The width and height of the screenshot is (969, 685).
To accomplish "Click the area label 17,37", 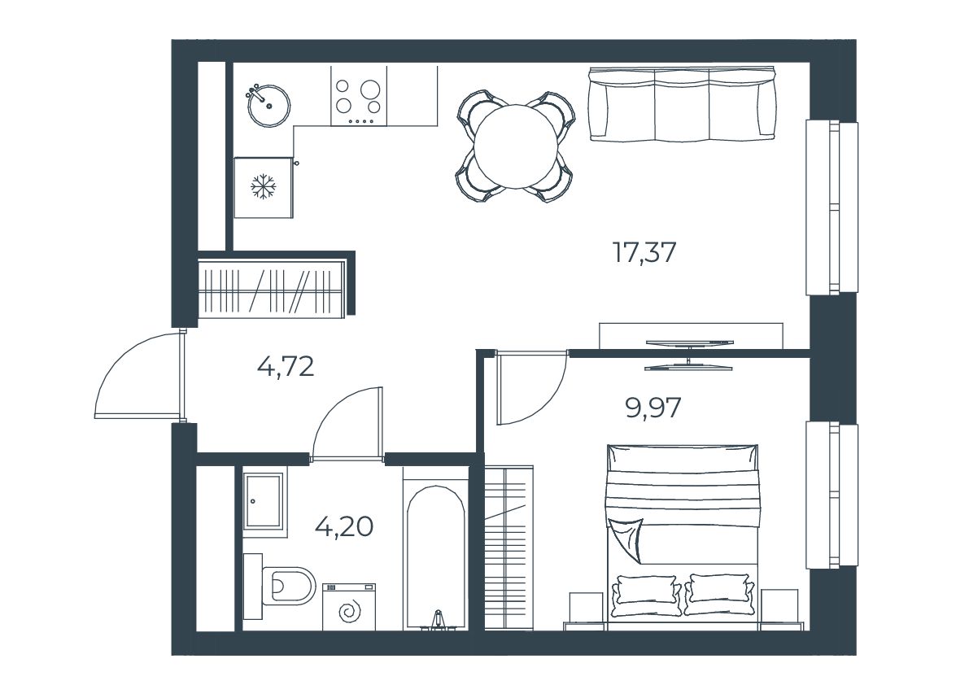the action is pyautogui.click(x=644, y=253).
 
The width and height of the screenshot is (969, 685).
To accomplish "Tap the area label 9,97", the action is pyautogui.click(x=653, y=408).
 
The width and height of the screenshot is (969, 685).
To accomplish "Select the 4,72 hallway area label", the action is pyautogui.click(x=286, y=367).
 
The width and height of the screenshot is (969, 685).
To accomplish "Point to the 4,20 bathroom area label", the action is pyautogui.click(x=343, y=527).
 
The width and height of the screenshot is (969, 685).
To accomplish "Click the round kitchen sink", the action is pyautogui.click(x=268, y=107).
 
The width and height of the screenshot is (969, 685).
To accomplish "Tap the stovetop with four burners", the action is pyautogui.click(x=359, y=96).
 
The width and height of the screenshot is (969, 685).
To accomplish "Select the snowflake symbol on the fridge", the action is pyautogui.click(x=264, y=186).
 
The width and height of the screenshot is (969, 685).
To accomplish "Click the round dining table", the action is pyautogui.click(x=516, y=146).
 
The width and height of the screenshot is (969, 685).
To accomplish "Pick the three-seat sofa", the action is pyautogui.click(x=682, y=104).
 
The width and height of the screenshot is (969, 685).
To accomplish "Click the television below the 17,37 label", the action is pyautogui.click(x=689, y=356).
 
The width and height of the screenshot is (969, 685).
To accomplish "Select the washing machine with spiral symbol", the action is pyautogui.click(x=348, y=607).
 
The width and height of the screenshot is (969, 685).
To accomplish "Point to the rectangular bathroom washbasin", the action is pyautogui.click(x=264, y=500).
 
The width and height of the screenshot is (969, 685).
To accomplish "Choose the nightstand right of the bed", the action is pyautogui.click(x=780, y=609).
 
